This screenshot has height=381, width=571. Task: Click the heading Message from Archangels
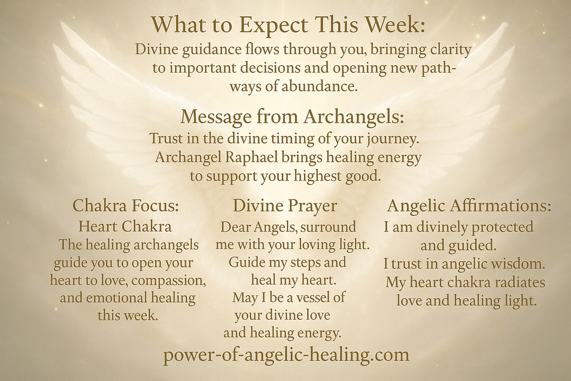click(x=292, y=117)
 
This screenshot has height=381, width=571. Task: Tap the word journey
click(x=394, y=138)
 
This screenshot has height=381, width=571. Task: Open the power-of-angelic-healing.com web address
click(x=286, y=355)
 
